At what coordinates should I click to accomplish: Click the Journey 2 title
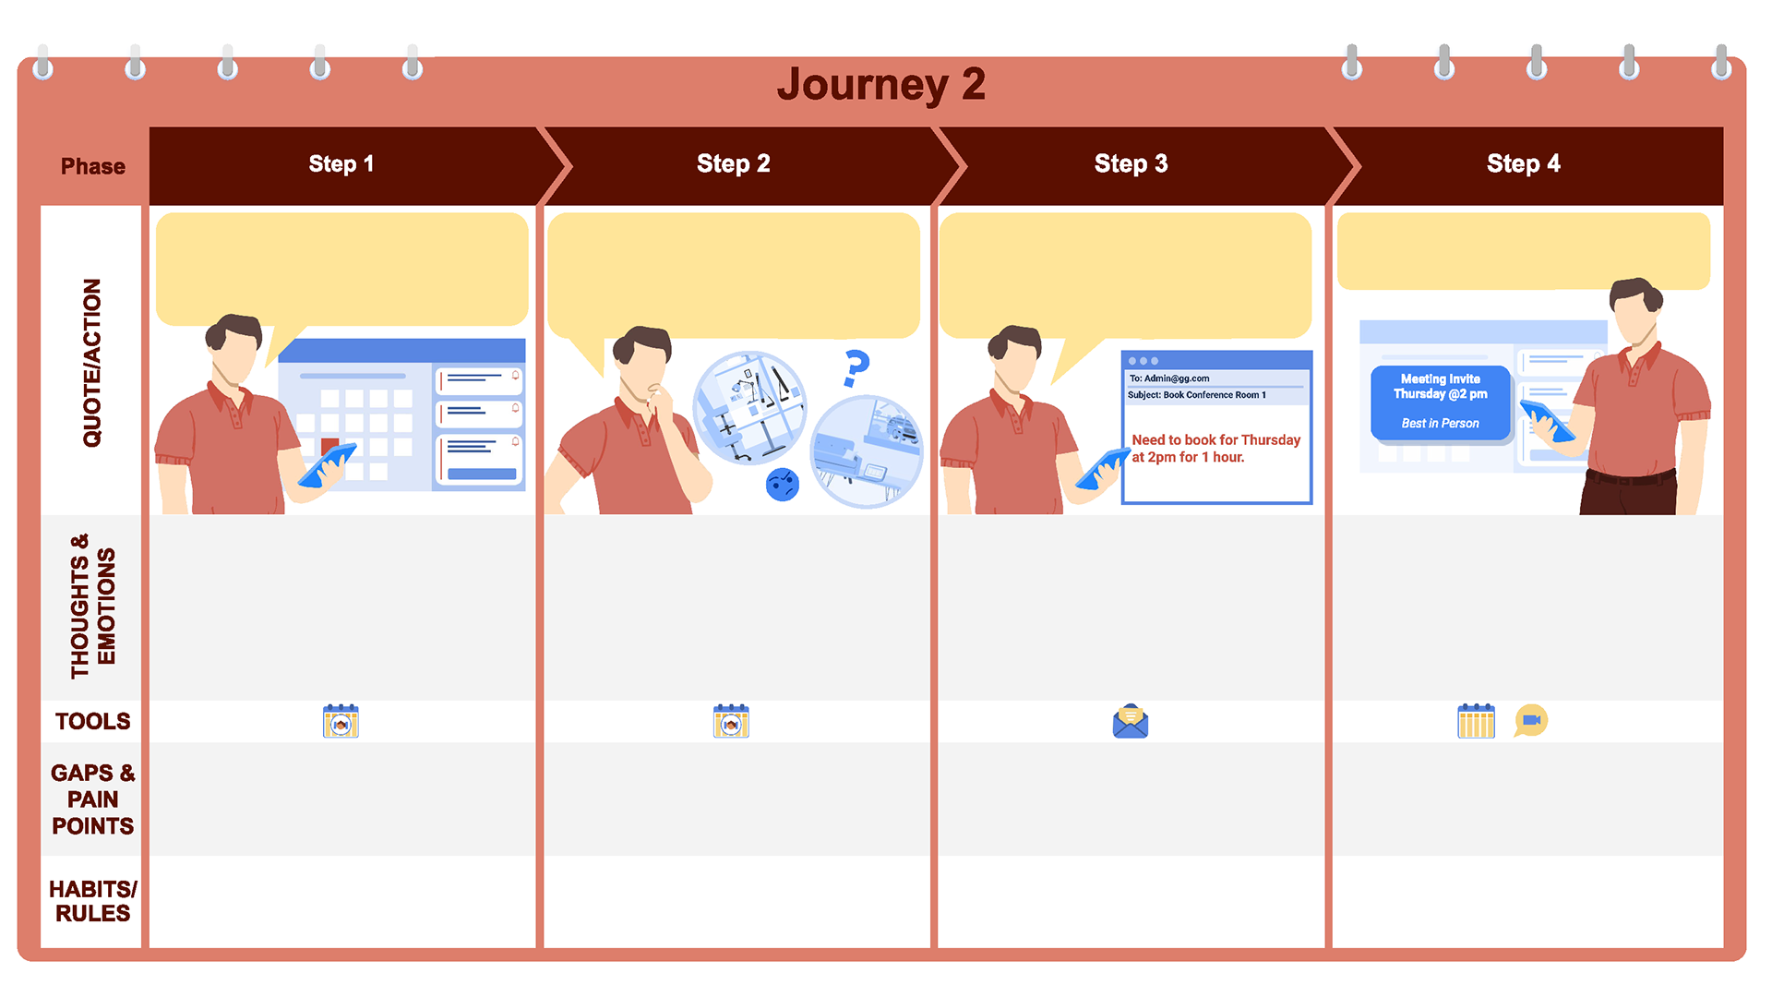click(x=880, y=84)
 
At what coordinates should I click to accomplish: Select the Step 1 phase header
click(x=341, y=164)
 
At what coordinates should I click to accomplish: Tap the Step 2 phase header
click(x=733, y=164)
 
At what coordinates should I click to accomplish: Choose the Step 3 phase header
click(x=1131, y=164)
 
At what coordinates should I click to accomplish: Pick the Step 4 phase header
click(x=1523, y=164)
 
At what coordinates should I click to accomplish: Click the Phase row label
click(x=92, y=166)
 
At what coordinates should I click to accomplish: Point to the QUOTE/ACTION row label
click(x=92, y=363)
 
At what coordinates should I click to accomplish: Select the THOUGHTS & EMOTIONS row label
click(x=93, y=607)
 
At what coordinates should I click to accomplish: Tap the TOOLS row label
click(x=92, y=721)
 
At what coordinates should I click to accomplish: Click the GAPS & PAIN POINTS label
click(x=92, y=799)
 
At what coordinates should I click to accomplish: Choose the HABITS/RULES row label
click(x=92, y=901)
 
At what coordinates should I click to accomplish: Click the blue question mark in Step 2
click(x=856, y=368)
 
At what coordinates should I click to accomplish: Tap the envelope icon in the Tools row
click(x=1131, y=721)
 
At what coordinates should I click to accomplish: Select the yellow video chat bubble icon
click(x=1531, y=720)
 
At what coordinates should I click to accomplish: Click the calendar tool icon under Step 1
click(x=341, y=721)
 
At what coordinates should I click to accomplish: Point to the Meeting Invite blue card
click(x=1440, y=402)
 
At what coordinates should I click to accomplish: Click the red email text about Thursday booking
click(x=1215, y=449)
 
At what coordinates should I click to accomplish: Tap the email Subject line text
click(x=1197, y=395)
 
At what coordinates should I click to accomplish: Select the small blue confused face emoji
click(x=783, y=484)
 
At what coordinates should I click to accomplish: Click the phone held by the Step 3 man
click(x=1102, y=470)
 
